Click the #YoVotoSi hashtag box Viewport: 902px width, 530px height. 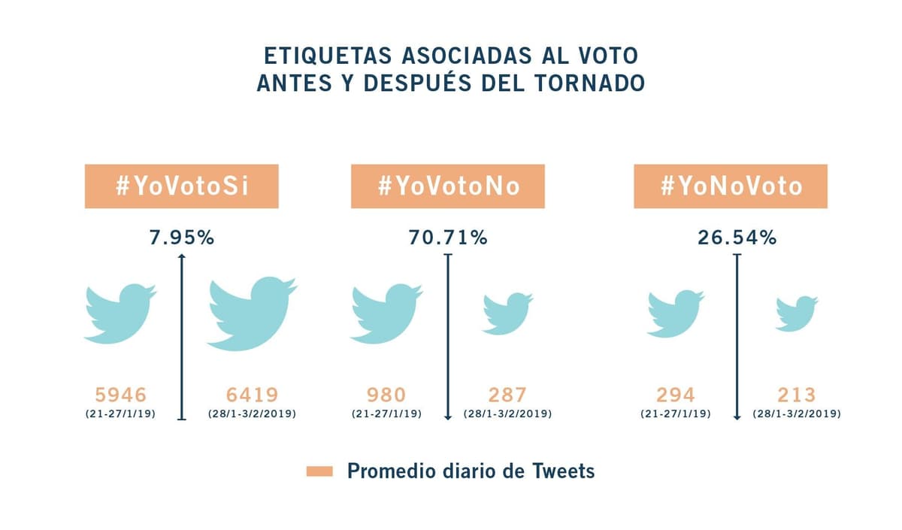coord(181,186)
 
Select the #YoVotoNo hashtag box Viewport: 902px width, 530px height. coord(448,186)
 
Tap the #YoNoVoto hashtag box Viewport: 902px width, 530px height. coord(731,186)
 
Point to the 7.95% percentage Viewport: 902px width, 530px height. coord(180,238)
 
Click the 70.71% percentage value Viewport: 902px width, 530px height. coord(448,238)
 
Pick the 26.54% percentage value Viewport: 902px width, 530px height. coord(737,238)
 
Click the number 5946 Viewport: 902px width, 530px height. coord(120,395)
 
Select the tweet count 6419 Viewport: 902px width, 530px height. coord(253,395)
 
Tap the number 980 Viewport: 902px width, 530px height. coord(386,395)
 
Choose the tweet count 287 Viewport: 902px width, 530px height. coord(506,395)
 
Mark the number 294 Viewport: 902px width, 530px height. coord(675,395)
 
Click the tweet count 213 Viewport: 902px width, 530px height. coord(796,395)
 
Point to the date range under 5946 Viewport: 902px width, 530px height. coord(120,414)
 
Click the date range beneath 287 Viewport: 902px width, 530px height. coord(507,414)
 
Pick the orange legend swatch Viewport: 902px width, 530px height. coord(320,472)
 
